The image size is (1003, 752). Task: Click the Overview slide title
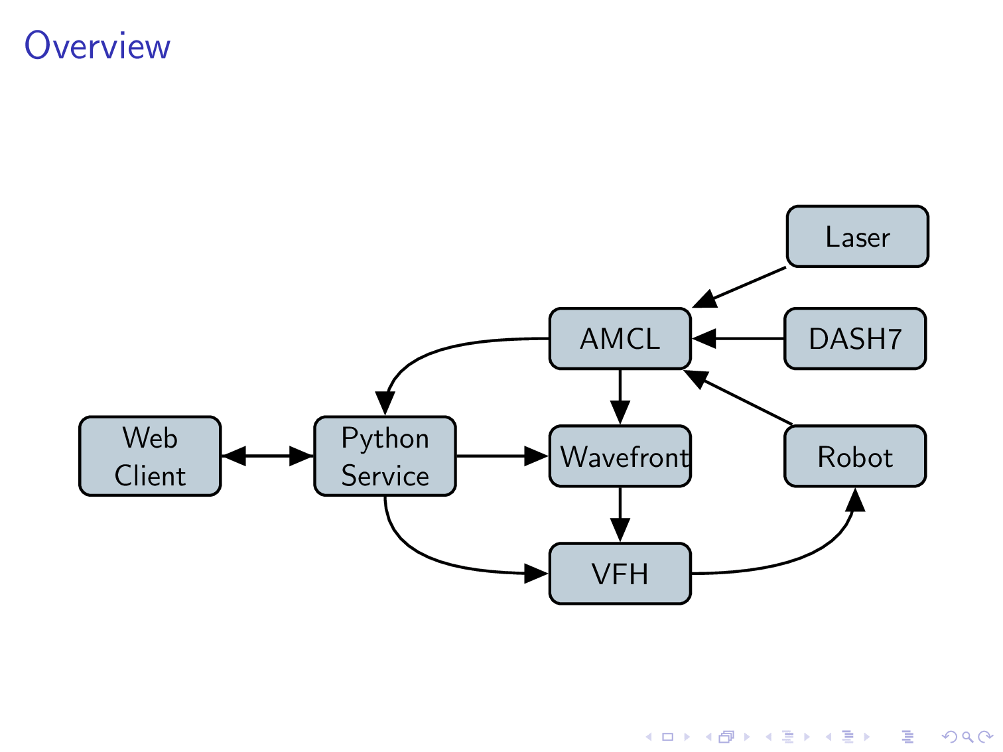pos(98,46)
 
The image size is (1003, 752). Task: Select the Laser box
pos(857,237)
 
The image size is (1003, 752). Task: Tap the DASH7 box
pos(854,339)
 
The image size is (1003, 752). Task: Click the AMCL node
pos(620,339)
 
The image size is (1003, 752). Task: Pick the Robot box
pos(854,457)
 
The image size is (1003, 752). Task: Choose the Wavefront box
pos(620,457)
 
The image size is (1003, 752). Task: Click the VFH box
pos(620,574)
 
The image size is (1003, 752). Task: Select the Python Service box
pos(385,456)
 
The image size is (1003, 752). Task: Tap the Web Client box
pos(150,456)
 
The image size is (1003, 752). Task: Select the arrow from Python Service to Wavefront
pos(501,456)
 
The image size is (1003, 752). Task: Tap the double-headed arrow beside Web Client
pos(267,456)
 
